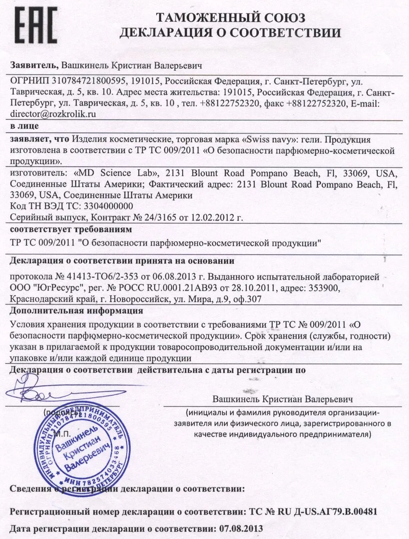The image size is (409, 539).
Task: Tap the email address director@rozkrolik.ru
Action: pos(53,114)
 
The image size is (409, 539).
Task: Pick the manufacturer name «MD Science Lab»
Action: pos(117,173)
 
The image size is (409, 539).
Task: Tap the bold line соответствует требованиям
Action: pos(71,230)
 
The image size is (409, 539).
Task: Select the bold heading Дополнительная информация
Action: pos(76,311)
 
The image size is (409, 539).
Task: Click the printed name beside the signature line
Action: pos(282,399)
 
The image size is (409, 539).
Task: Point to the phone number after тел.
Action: pos(230,103)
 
